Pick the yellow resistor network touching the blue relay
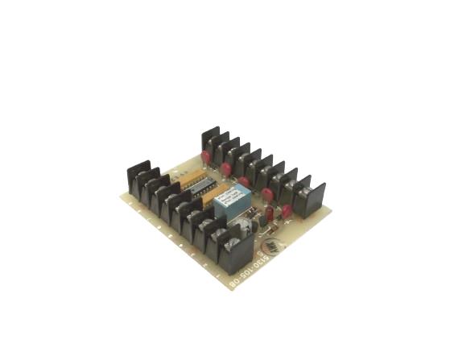coord(215,196)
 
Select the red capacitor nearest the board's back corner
coord(206,155)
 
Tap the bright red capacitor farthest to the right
coord(286,211)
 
